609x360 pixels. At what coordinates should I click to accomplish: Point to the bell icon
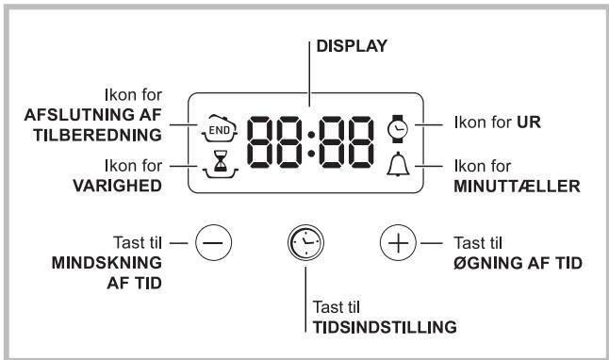394,168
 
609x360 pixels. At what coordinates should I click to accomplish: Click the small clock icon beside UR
394,123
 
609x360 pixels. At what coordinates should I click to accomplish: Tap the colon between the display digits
304,146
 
